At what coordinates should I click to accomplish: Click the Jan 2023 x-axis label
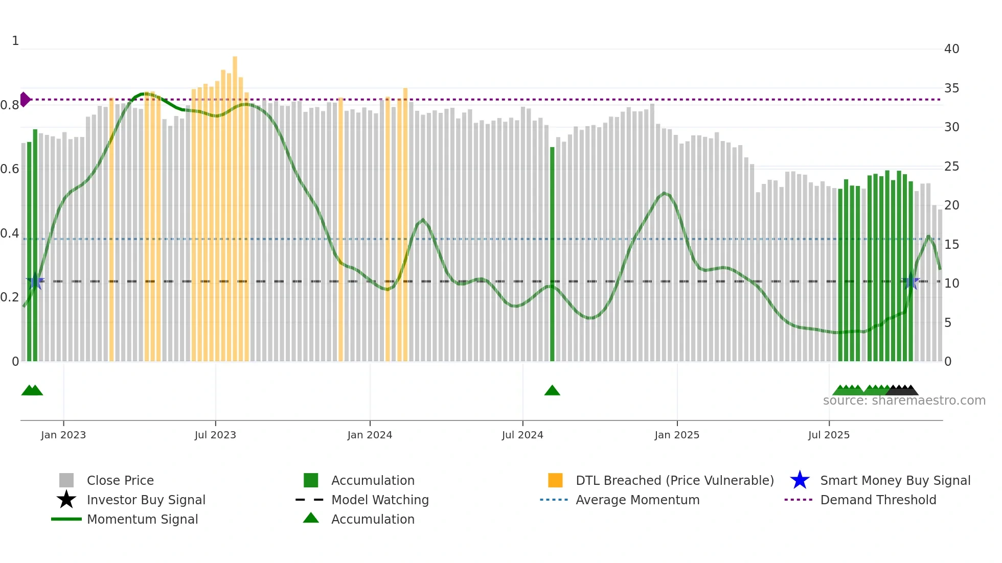pyautogui.click(x=63, y=435)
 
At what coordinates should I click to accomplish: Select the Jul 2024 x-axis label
pyautogui.click(x=522, y=435)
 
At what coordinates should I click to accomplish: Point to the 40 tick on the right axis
pyautogui.click(x=951, y=49)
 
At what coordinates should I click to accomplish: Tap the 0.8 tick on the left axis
pyautogui.click(x=10, y=105)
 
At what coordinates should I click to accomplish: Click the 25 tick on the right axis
pyautogui.click(x=951, y=167)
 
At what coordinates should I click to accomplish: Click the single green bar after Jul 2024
pyautogui.click(x=552, y=255)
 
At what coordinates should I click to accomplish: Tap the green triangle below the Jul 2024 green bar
pyautogui.click(x=552, y=391)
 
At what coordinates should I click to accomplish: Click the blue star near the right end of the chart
pyautogui.click(x=910, y=281)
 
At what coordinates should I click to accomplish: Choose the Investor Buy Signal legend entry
pyautogui.click(x=146, y=500)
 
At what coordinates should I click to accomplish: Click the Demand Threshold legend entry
pyautogui.click(x=878, y=500)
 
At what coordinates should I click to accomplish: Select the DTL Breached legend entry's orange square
pyautogui.click(x=555, y=480)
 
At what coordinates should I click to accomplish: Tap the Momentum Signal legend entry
pyautogui.click(x=142, y=519)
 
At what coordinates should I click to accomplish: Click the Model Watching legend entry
pyautogui.click(x=379, y=500)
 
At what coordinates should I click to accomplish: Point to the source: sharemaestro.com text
pyautogui.click(x=904, y=401)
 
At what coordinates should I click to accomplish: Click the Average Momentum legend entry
pyautogui.click(x=637, y=500)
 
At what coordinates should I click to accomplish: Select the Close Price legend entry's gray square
pyautogui.click(x=66, y=480)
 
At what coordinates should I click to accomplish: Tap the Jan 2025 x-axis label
pyautogui.click(x=677, y=435)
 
